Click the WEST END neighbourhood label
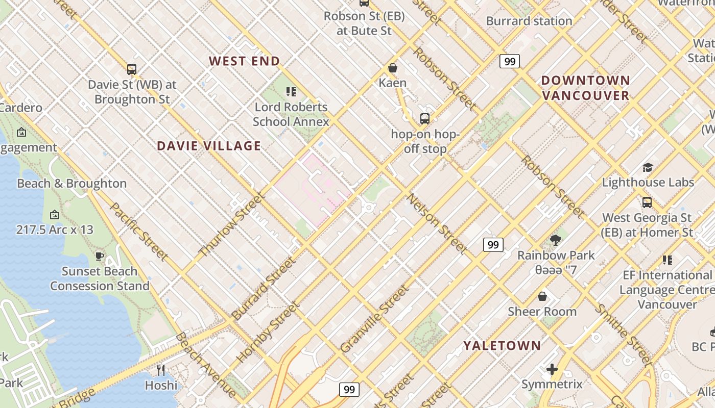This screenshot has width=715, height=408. coord(244,61)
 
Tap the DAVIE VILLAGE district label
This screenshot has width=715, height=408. coord(209,146)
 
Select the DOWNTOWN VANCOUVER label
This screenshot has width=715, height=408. coord(585,88)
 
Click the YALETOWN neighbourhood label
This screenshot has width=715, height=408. coord(502,346)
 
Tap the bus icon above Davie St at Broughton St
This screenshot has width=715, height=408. coord(132,69)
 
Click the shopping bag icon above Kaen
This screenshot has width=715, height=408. coord(393,68)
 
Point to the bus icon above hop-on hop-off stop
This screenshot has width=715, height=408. coord(425,119)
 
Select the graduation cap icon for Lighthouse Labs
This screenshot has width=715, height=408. coord(648,167)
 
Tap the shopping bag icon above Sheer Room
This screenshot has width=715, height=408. coord(542,296)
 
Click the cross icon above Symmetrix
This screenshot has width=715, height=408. coord(552,369)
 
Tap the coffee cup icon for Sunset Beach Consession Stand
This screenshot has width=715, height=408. coord(100,256)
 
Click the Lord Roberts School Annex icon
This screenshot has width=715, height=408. coord(291,92)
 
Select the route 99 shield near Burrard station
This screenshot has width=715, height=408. coord(509,62)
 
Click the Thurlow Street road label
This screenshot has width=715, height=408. coord(232,224)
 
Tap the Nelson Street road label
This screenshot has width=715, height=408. coord(437,224)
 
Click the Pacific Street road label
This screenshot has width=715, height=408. coord(139,231)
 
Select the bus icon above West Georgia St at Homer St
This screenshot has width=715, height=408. coord(647,202)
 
